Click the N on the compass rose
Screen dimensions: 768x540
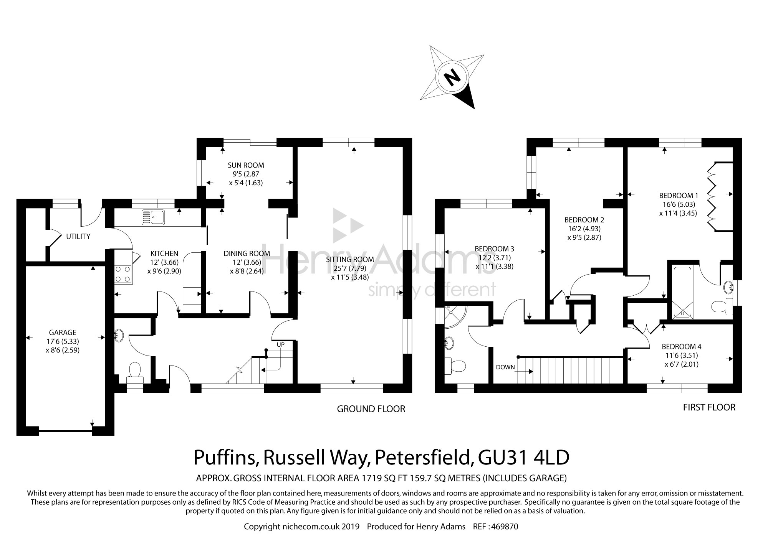[452, 79]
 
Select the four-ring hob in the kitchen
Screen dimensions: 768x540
[123, 274]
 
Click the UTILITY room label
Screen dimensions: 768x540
[78, 236]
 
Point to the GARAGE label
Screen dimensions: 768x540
[63, 333]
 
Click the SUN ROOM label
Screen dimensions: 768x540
[246, 165]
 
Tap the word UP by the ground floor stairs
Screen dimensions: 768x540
[281, 345]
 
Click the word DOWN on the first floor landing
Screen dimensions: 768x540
[505, 367]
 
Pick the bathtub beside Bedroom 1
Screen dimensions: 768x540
[682, 291]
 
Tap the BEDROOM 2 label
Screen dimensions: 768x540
[584, 220]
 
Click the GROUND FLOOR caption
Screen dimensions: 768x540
[371, 409]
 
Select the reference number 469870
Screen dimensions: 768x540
[505, 527]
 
